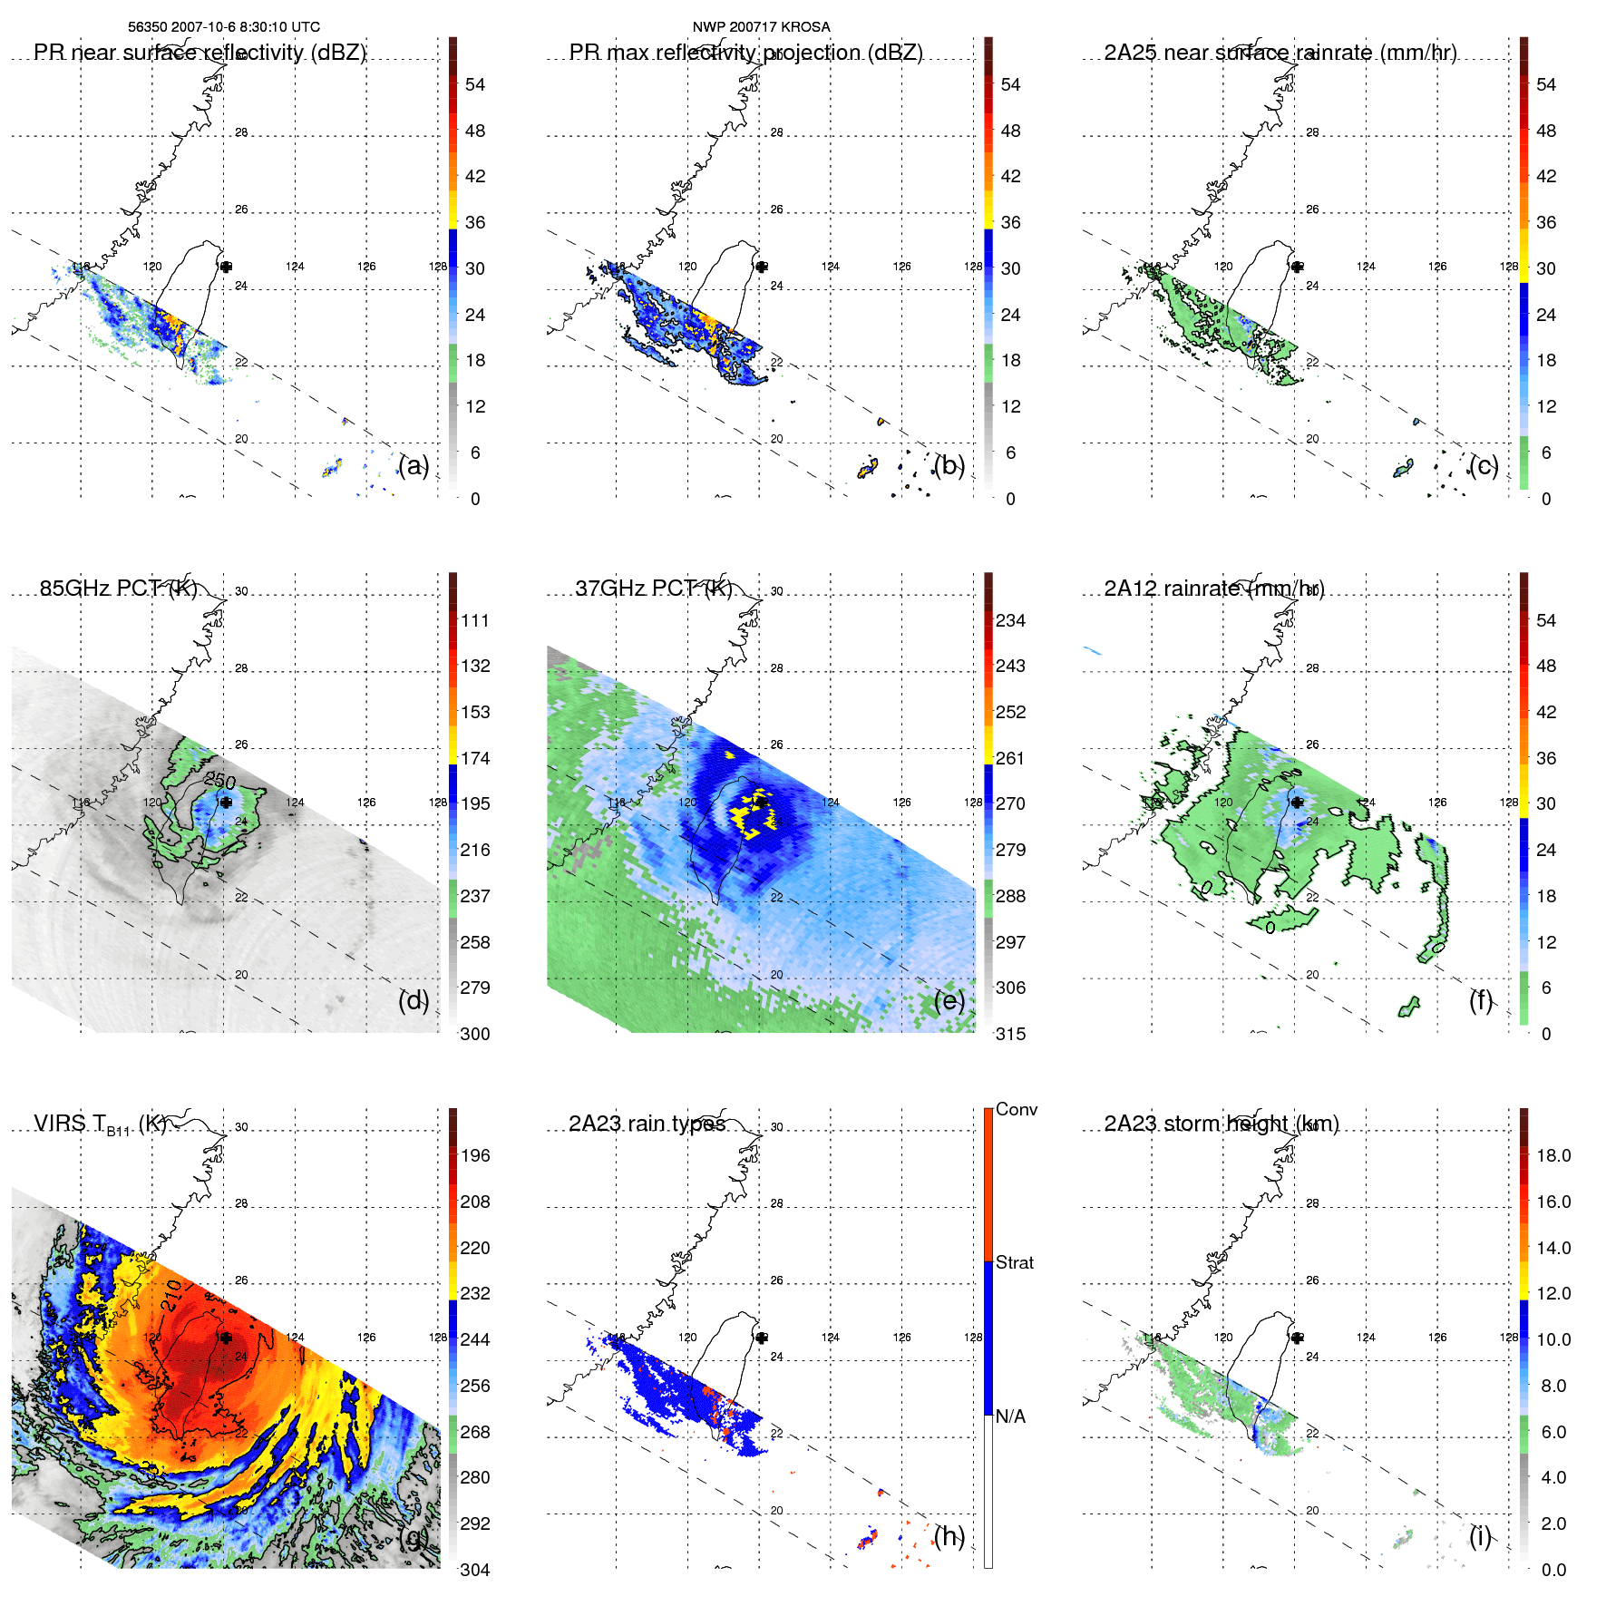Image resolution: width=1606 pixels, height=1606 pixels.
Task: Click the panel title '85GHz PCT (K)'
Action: [118, 589]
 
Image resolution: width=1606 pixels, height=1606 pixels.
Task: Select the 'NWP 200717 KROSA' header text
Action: [761, 27]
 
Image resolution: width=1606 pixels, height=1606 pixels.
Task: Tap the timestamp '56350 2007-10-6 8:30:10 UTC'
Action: [224, 27]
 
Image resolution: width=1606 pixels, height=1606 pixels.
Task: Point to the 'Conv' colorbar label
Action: [1016, 1110]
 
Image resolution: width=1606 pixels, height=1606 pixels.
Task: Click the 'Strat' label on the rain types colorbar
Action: [1014, 1263]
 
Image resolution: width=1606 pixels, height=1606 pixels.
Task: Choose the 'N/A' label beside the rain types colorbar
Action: [1011, 1416]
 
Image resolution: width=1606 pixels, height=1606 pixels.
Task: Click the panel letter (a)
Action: [414, 466]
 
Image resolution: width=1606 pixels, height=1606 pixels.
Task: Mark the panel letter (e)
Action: [949, 1001]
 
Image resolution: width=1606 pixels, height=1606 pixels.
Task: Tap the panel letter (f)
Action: [1480, 1001]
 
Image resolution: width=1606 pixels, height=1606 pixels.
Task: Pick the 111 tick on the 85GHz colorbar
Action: [475, 621]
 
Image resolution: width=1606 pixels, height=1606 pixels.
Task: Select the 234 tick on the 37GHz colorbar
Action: [1010, 621]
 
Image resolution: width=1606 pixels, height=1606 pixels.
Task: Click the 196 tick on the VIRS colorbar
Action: [475, 1156]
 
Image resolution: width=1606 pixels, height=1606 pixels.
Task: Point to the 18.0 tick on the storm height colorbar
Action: [1553, 1156]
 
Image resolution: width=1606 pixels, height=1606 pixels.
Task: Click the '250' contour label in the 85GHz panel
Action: [220, 781]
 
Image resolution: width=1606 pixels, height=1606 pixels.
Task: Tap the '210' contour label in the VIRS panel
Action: [173, 1296]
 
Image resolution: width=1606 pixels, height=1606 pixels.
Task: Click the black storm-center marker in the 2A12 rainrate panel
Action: [1297, 803]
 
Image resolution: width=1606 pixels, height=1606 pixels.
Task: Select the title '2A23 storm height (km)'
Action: [1221, 1124]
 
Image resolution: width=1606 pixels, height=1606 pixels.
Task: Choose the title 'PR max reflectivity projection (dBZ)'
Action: [745, 53]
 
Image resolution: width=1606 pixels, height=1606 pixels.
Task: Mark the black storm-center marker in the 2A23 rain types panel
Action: [762, 1338]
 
